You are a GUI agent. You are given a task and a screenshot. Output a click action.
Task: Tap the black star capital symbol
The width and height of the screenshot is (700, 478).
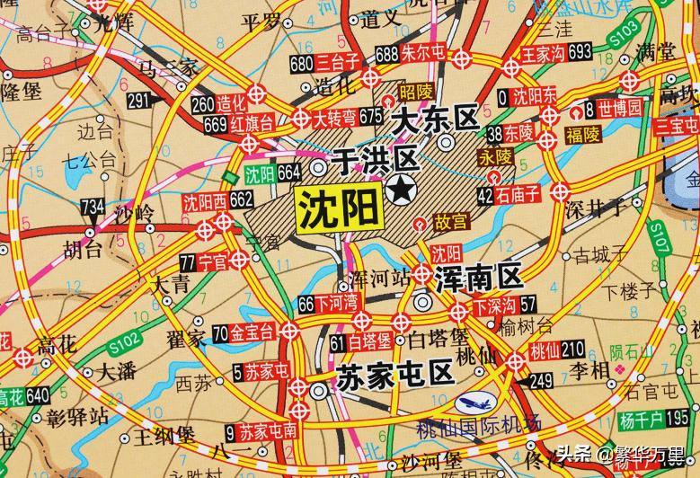pos(399,190)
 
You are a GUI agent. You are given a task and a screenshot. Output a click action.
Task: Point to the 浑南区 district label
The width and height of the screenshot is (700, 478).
pos(477,277)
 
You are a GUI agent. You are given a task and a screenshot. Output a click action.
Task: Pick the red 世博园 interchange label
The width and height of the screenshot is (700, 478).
pos(621,110)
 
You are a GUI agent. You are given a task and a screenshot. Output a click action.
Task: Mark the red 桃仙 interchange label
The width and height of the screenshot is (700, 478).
pos(546,348)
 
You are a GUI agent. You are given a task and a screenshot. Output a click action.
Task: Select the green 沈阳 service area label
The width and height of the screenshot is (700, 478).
pos(261,173)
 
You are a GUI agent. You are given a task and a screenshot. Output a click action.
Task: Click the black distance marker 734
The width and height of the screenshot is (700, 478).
pos(92,207)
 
